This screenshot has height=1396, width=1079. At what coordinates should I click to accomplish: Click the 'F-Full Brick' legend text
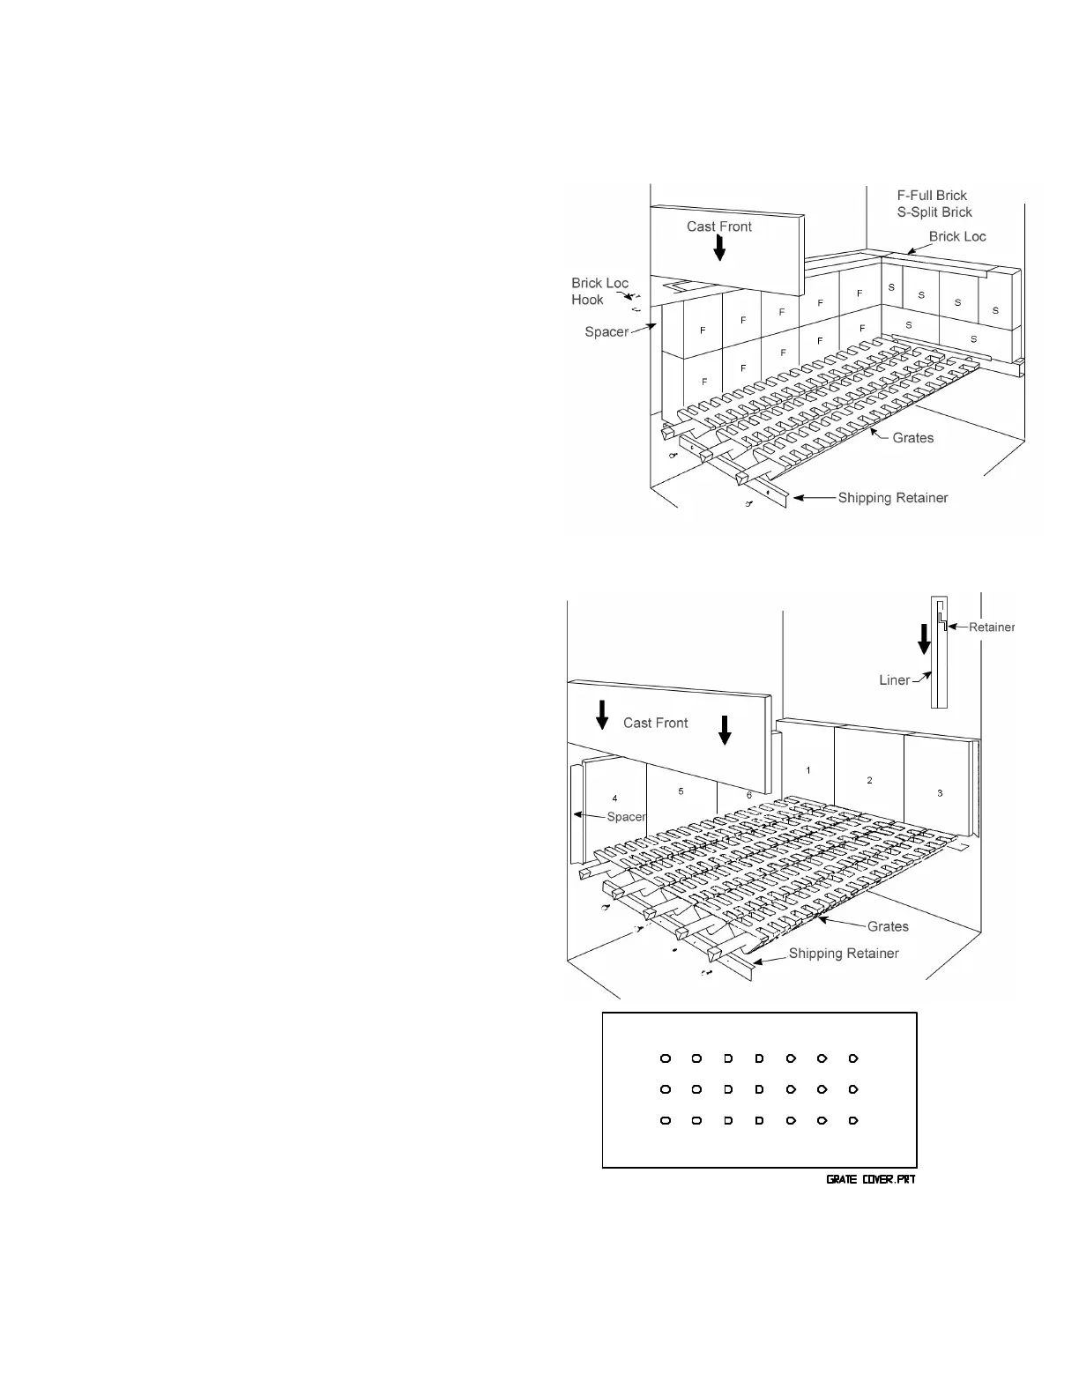click(932, 196)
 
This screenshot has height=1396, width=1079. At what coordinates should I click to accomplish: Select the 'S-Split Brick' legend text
click(934, 212)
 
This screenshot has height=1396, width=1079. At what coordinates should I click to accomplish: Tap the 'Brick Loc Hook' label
click(599, 292)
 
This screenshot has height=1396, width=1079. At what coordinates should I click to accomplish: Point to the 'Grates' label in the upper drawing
click(912, 437)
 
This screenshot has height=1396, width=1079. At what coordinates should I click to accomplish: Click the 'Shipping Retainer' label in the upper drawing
click(892, 498)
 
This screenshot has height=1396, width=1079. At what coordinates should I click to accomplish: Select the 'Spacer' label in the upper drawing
click(606, 332)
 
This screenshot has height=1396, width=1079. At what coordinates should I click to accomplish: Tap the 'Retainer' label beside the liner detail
click(992, 627)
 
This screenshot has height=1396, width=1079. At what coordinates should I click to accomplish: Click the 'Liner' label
click(894, 680)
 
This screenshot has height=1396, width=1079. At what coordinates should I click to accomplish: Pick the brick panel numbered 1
click(807, 770)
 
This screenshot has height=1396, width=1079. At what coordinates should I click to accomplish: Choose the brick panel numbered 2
click(869, 780)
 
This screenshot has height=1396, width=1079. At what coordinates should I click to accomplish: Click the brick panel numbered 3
click(940, 793)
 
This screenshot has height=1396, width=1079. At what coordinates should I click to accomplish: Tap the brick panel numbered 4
click(614, 798)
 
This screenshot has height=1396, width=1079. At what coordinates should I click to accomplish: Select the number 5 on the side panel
click(681, 791)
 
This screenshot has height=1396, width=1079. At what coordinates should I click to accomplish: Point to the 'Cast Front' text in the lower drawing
click(655, 723)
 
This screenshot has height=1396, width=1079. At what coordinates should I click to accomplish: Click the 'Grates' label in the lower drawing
click(887, 926)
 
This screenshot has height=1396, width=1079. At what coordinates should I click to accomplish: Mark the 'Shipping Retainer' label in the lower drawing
click(843, 954)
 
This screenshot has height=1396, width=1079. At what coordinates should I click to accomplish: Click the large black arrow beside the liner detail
click(924, 639)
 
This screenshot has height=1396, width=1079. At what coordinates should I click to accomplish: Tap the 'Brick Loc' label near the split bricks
click(957, 237)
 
